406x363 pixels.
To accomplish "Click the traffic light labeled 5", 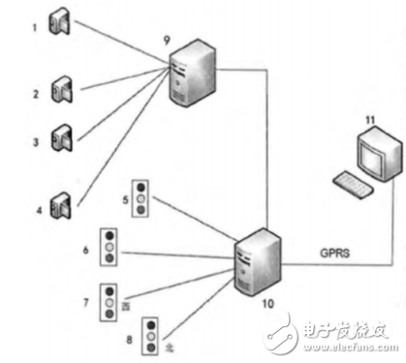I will [143, 197].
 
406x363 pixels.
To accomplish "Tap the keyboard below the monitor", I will [353, 187].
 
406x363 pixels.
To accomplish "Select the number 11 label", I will [369, 119].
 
